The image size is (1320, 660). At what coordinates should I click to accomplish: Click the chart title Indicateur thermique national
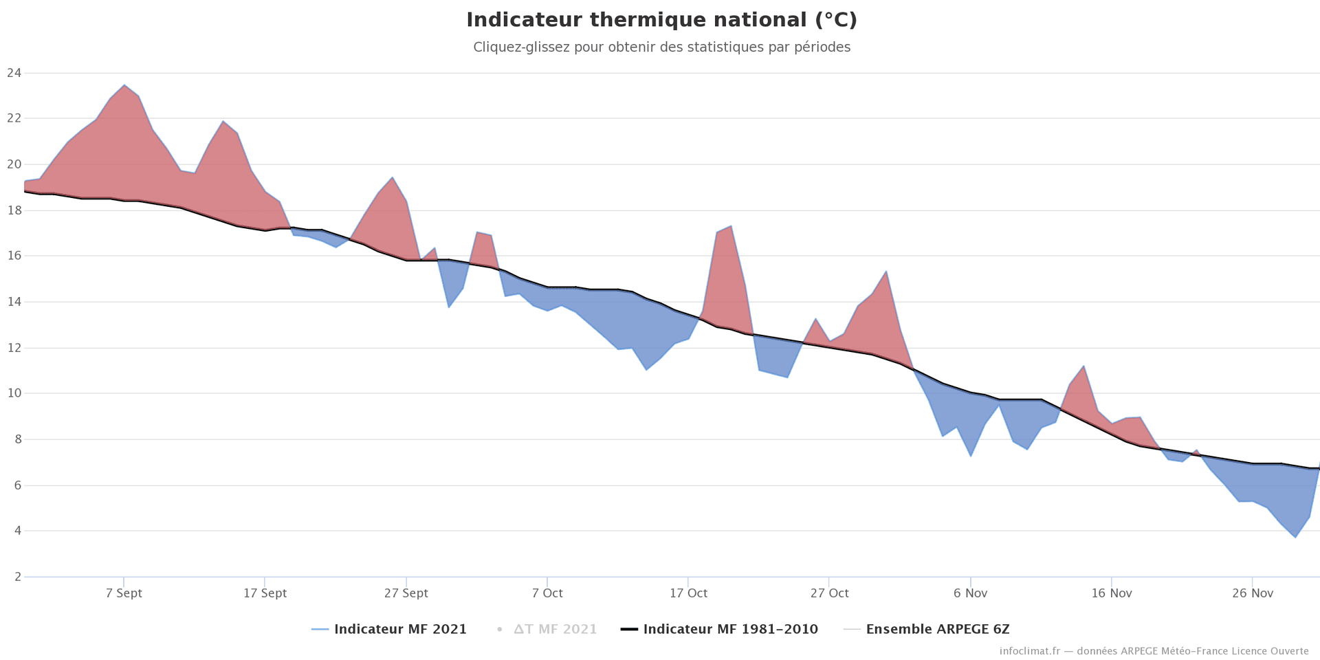(x=661, y=20)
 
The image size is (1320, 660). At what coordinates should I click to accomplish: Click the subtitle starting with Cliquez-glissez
(x=661, y=47)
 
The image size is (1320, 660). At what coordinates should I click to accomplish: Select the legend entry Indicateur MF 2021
(x=399, y=629)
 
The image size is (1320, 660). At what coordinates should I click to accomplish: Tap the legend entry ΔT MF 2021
(x=555, y=629)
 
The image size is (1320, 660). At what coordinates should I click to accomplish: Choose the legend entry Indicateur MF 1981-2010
(x=730, y=629)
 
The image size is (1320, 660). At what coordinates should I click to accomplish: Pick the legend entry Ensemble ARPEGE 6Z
(x=937, y=629)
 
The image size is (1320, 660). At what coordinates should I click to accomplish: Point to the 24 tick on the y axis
(x=14, y=73)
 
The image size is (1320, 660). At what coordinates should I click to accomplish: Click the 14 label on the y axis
(x=14, y=302)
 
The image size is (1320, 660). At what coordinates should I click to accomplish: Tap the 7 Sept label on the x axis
(x=124, y=593)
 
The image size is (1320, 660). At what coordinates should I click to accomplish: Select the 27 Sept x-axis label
(x=406, y=593)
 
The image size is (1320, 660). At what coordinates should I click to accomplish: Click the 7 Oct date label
(x=547, y=593)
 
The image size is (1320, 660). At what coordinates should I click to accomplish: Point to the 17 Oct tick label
(x=688, y=593)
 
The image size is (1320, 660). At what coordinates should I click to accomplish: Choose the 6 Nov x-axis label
(x=970, y=593)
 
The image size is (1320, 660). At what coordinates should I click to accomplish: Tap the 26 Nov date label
(x=1253, y=593)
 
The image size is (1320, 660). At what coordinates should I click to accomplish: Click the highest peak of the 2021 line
(x=124, y=85)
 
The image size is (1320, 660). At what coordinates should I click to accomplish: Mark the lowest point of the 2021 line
(x=1295, y=537)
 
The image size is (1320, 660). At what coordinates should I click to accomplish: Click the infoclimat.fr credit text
(x=1154, y=651)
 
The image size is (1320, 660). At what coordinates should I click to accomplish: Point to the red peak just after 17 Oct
(x=731, y=226)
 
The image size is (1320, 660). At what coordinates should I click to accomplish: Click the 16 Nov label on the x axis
(x=1111, y=593)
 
